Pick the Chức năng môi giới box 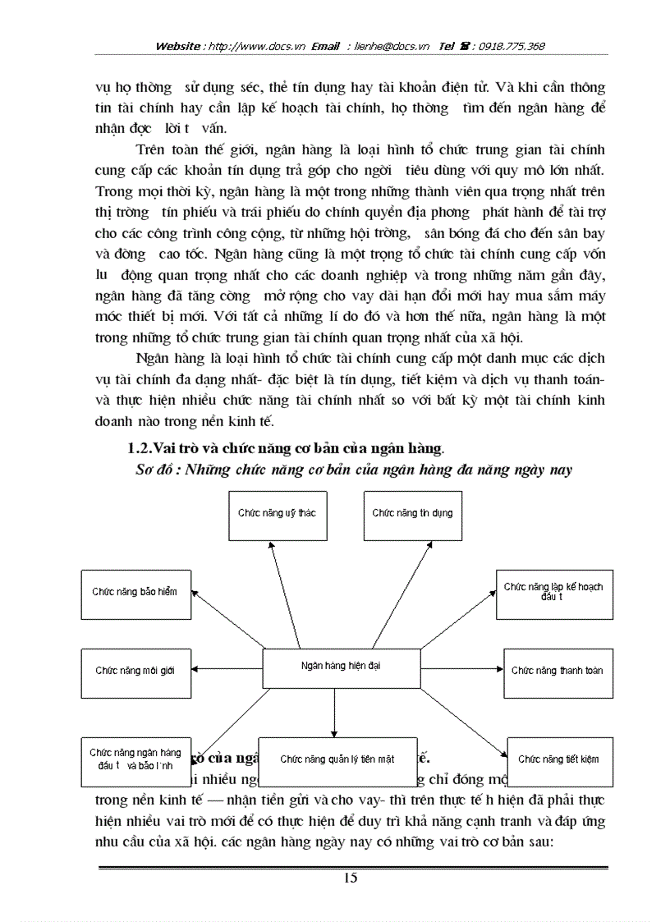point(135,672)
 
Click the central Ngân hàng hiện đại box point(340,667)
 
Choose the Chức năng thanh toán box point(557,672)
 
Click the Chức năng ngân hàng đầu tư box point(135,759)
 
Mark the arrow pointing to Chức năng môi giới point(227,668)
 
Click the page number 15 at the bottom point(351,878)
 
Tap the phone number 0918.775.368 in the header point(512,47)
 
